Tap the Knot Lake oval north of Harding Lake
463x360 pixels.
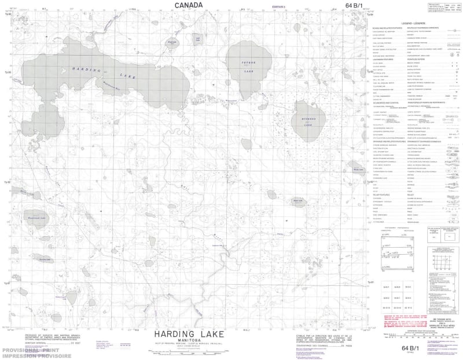[171, 43]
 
